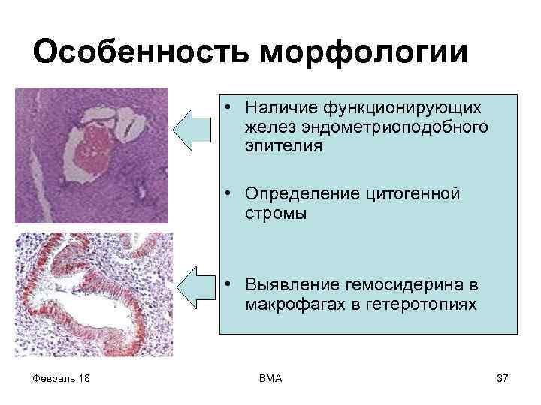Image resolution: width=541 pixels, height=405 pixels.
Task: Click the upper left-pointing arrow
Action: point(193,127)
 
